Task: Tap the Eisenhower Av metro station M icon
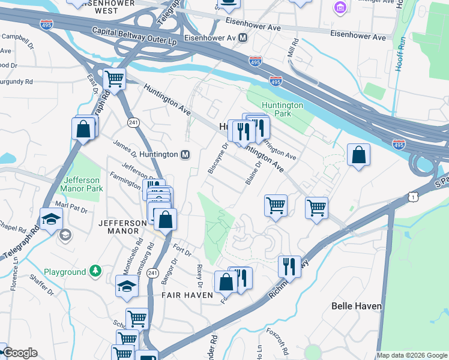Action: [x=243, y=37]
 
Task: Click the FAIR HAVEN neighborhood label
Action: [x=187, y=295]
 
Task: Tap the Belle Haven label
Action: [x=357, y=306]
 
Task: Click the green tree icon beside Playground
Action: [x=95, y=272]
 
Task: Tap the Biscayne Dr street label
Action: [x=218, y=158]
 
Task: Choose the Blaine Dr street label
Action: [x=253, y=172]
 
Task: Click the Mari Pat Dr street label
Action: [x=71, y=211]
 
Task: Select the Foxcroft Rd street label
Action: [x=282, y=345]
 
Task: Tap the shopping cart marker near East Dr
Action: [x=114, y=78]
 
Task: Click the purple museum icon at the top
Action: [x=340, y=7]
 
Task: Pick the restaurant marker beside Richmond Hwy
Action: [x=289, y=266]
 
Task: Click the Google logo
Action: [x=19, y=353]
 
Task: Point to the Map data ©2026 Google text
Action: [x=411, y=355]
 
